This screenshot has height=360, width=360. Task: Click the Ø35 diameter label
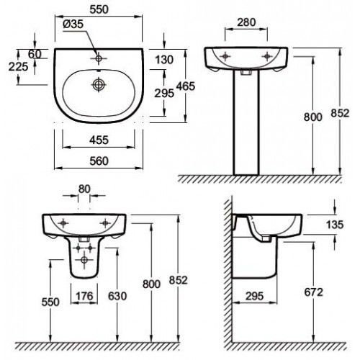[x=73, y=24]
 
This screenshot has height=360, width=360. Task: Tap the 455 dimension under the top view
[x=99, y=140]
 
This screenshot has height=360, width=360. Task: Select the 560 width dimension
[x=99, y=161]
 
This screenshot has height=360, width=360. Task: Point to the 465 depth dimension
[x=186, y=86]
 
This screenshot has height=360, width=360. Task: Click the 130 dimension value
[x=164, y=60]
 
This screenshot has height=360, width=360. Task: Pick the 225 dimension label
[x=18, y=66]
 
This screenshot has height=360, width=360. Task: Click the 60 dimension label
[x=35, y=54]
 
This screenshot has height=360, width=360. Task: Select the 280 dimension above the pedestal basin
[x=246, y=22]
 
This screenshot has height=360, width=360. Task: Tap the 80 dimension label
[x=84, y=189]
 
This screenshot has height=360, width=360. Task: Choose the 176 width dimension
[x=84, y=296]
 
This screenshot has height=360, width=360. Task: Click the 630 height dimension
[x=117, y=296]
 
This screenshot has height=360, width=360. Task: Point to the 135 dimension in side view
[x=335, y=225]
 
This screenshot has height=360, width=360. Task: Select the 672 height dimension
[x=314, y=292]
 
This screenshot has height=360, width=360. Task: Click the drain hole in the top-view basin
[x=99, y=84]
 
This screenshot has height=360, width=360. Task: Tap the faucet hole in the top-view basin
[x=99, y=58]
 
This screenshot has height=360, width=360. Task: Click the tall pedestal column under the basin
[x=246, y=122]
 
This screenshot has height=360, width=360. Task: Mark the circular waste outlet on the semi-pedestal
[x=84, y=259]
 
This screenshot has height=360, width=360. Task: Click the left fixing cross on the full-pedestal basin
[x=225, y=56]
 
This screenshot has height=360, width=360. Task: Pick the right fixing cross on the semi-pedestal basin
[x=105, y=223]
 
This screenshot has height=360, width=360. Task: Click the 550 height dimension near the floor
[x=50, y=302]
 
